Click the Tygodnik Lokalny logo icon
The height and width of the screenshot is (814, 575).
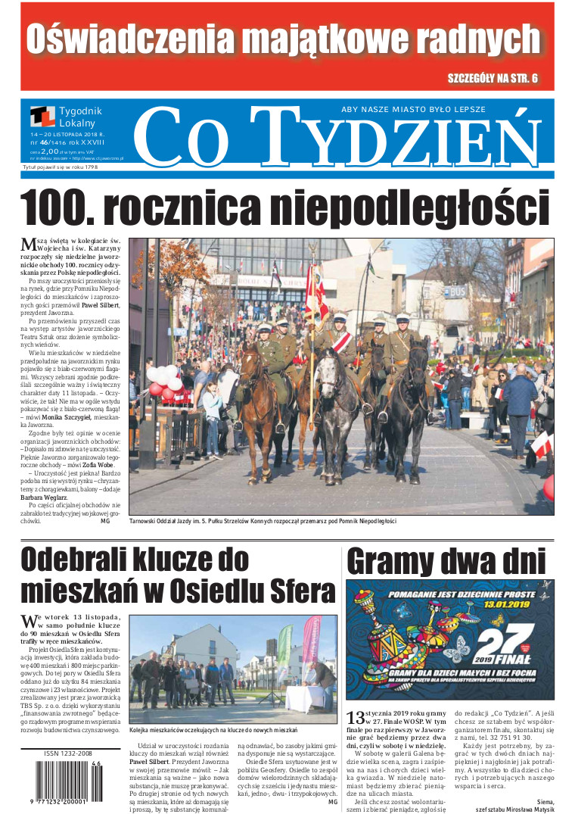pos(42,117)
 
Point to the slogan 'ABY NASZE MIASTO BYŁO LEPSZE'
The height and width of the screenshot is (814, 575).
pos(413,110)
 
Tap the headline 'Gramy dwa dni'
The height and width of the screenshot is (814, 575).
pos(446,561)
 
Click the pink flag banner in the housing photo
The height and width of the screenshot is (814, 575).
pos(311,644)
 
